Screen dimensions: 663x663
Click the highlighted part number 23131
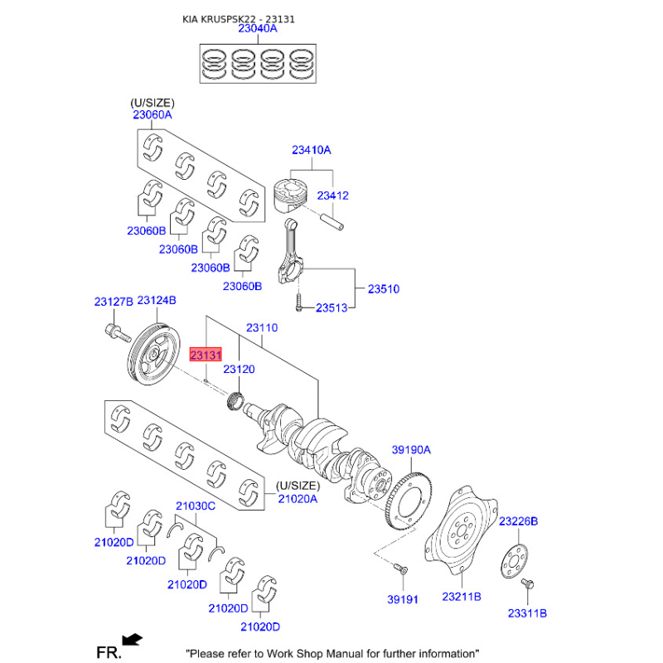point(206,355)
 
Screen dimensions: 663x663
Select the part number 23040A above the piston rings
point(258,28)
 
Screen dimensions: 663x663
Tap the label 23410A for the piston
point(311,150)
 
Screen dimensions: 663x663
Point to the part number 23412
point(332,196)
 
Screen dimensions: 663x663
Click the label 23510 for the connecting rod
point(384,289)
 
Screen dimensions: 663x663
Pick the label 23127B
point(113,301)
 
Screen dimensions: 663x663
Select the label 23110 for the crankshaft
point(262,328)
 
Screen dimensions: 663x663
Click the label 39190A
point(412,450)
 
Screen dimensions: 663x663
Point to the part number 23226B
point(518,521)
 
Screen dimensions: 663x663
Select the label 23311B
point(527,613)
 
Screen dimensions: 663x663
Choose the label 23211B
point(462,597)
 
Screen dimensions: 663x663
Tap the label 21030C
point(195,505)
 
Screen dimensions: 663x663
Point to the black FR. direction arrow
point(132,639)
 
